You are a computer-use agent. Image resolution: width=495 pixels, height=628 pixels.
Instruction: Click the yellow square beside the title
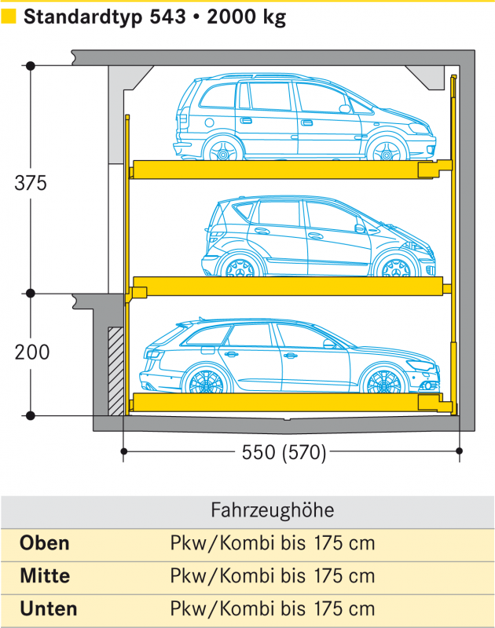point(8,16)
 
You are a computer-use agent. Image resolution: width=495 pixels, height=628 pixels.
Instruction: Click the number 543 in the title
point(168,16)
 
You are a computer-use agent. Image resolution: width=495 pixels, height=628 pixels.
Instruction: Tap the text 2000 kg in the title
point(247,17)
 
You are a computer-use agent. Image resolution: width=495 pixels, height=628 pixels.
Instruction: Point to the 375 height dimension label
point(31,183)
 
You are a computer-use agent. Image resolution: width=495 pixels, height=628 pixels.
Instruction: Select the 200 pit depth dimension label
point(32,352)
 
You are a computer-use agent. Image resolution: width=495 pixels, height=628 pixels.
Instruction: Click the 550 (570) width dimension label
point(284,453)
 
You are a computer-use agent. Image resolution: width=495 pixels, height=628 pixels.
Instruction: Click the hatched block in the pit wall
point(115,371)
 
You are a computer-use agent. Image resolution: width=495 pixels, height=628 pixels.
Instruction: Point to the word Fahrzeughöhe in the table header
point(272,510)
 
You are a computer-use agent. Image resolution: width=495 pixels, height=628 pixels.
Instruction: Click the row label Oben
point(45,543)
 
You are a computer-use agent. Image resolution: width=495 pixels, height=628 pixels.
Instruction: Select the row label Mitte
point(45,576)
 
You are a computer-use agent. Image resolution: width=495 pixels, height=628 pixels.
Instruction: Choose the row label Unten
point(49,609)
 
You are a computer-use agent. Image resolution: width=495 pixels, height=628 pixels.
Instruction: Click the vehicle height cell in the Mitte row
point(273,576)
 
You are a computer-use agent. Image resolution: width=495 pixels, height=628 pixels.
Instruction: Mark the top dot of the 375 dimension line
point(31,66)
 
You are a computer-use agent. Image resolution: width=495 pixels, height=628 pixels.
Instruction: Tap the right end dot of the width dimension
point(460,451)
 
